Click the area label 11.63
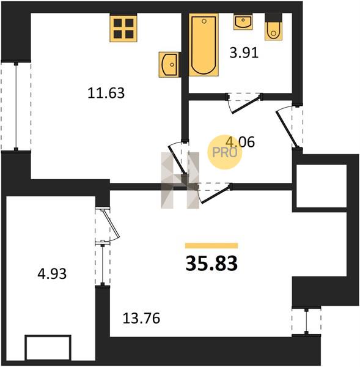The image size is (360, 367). point(106,93)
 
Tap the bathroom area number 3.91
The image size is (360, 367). point(244,53)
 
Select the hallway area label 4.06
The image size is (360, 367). point(240,142)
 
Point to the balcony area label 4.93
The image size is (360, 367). point(52,273)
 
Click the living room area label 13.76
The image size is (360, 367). point(141,318)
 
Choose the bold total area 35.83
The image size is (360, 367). point(211,263)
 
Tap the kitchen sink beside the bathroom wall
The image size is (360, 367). point(169,65)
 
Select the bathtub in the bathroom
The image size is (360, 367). point(204,45)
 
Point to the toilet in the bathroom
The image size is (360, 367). point(273,28)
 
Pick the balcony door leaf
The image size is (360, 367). point(111,223)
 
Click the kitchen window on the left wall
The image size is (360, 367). point(16,105)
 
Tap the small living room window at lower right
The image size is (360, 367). point(306,321)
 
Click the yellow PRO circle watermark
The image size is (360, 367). point(224,152)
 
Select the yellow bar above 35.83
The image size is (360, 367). point(211,245)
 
